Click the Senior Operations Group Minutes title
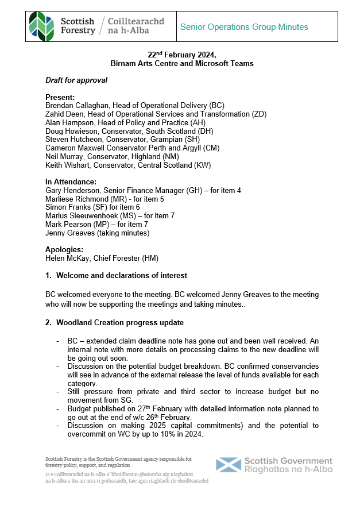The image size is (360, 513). [244, 27]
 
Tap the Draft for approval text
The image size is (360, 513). [76, 80]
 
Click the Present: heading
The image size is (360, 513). [60, 97]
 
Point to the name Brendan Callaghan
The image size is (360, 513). [76, 106]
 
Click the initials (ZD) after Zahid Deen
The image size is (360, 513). [259, 114]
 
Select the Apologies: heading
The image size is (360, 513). [64, 249]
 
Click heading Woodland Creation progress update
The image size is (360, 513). [120, 323]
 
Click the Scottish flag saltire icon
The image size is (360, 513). [228, 465]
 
